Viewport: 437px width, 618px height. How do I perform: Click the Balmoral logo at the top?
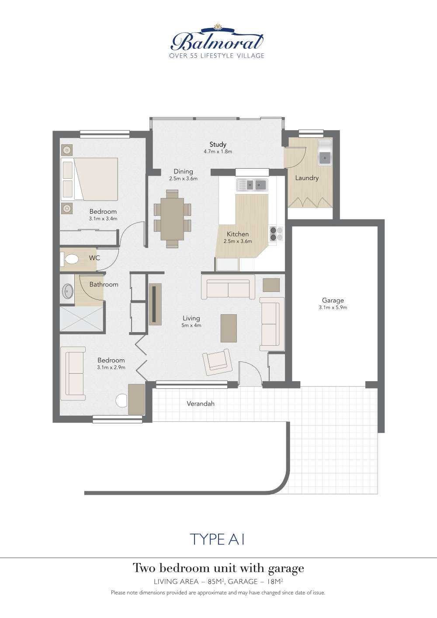(217, 41)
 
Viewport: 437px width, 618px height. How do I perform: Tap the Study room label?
(218, 144)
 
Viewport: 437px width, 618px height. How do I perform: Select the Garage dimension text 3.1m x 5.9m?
(333, 308)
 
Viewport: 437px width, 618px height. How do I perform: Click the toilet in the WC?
(70, 259)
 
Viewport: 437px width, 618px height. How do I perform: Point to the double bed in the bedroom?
(90, 179)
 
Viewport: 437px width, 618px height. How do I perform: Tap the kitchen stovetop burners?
(276, 234)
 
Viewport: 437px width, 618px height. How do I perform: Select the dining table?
(172, 219)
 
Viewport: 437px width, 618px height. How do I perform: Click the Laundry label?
(307, 178)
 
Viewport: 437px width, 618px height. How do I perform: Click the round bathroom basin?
(68, 291)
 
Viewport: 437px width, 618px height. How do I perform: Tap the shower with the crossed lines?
(81, 319)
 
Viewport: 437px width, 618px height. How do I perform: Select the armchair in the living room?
(217, 361)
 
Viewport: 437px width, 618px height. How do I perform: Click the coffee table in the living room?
(229, 328)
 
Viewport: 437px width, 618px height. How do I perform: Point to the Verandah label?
(201, 404)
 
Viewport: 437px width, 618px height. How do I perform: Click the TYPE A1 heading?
(217, 539)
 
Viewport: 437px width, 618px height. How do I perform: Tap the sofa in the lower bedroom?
(73, 373)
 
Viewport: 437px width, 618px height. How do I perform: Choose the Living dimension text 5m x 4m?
(191, 326)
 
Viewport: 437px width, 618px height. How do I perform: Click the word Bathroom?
(104, 285)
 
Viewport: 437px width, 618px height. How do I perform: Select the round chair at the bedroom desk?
(122, 400)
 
